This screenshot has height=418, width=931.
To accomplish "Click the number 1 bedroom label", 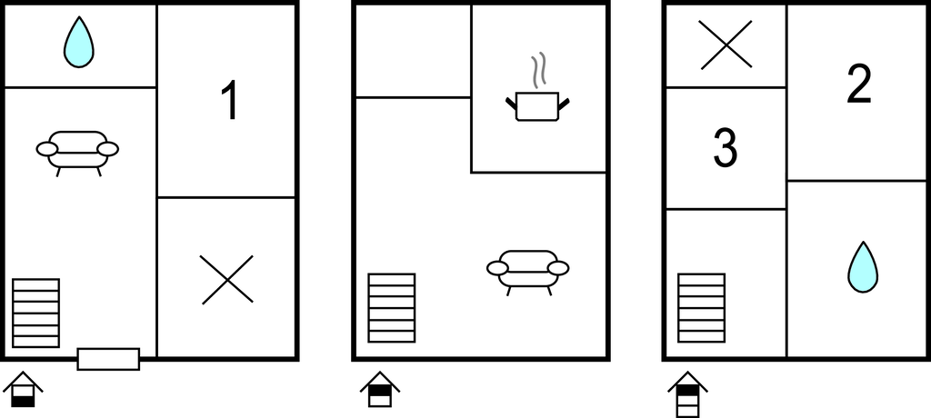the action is pyautogui.click(x=229, y=101).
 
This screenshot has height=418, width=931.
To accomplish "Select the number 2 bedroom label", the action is pyautogui.click(x=859, y=84).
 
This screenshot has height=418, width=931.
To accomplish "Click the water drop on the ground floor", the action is pyautogui.click(x=79, y=42).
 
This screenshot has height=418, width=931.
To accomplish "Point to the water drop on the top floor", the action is pyautogui.click(x=863, y=267).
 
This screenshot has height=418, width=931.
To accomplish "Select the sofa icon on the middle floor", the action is pyautogui.click(x=528, y=273).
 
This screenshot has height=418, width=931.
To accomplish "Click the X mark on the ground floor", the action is pyautogui.click(x=226, y=280).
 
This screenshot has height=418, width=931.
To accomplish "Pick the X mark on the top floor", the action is pyautogui.click(x=726, y=45).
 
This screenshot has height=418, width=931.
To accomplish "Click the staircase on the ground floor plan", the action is pyautogui.click(x=35, y=313).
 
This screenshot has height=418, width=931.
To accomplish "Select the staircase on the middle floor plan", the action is pyautogui.click(x=391, y=307).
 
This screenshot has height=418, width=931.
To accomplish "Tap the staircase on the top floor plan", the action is pyautogui.click(x=701, y=307).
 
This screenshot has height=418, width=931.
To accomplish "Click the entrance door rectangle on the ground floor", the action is pyautogui.click(x=108, y=359).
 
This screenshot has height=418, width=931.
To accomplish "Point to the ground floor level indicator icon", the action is pyautogui.click(x=23, y=390).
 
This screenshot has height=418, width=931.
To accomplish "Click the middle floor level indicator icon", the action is pyautogui.click(x=380, y=390).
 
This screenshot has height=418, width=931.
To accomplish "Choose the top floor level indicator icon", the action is pyautogui.click(x=687, y=394).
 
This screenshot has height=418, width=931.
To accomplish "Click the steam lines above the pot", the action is pyautogui.click(x=537, y=71).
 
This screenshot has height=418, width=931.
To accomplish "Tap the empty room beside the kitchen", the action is pyautogui.click(x=414, y=51).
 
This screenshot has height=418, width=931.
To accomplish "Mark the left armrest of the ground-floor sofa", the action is pyautogui.click(x=47, y=149).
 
